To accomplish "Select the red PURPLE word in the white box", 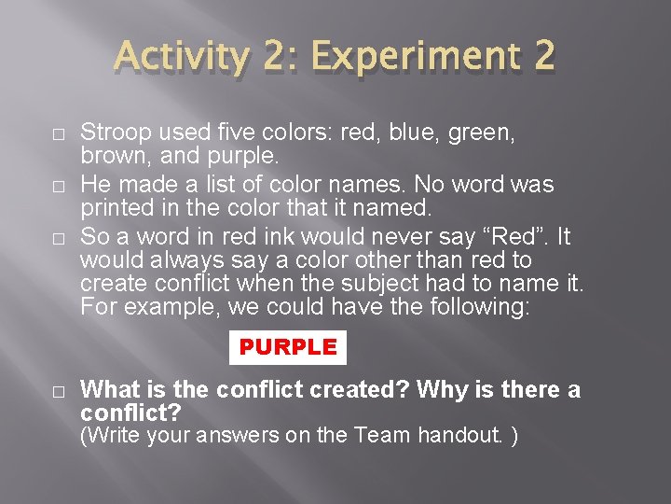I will click(288, 347).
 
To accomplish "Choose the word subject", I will click(408, 282).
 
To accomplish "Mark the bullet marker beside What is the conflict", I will click(58, 392).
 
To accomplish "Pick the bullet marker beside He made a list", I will click(58, 186).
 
